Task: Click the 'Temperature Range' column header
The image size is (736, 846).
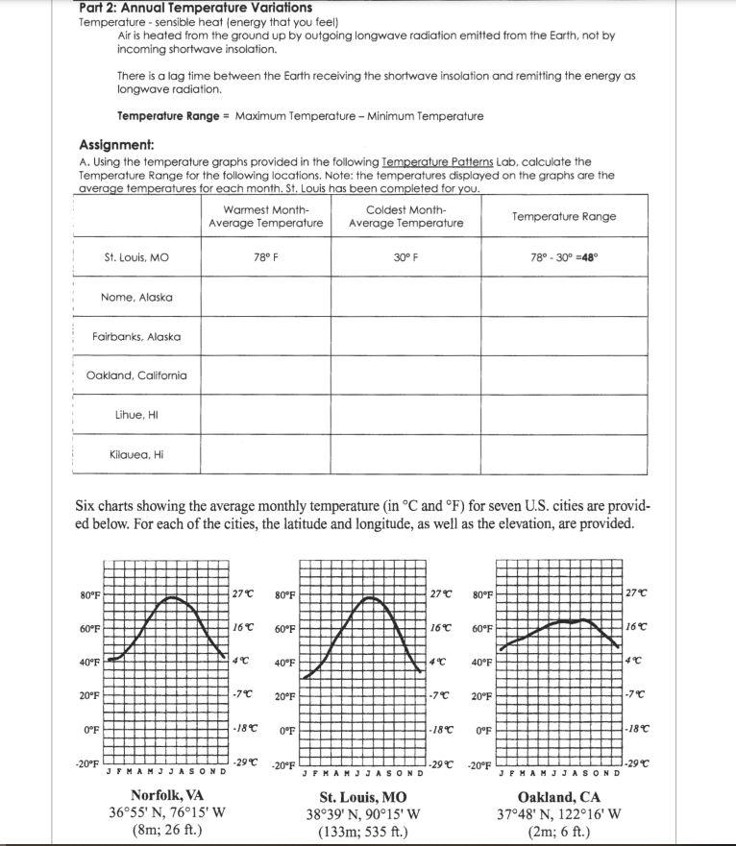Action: [x=564, y=216]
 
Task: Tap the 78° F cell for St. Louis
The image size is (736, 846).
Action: [x=265, y=257]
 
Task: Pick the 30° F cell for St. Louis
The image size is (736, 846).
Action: [x=405, y=257]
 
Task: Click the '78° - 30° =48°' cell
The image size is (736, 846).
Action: [x=564, y=257]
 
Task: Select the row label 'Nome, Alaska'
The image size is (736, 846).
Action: [x=136, y=297]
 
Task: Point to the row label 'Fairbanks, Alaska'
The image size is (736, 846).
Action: [x=136, y=336]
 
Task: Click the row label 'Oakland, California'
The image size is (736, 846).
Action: [x=136, y=375]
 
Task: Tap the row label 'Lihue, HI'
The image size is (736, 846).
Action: [x=136, y=415]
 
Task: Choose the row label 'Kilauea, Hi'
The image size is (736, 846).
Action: [x=136, y=454]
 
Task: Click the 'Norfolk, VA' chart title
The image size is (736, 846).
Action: [x=167, y=796]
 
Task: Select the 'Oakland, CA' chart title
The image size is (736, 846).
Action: [x=558, y=797]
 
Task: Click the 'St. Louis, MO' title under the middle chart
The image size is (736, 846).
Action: [x=362, y=797]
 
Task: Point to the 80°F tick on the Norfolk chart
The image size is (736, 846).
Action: [x=89, y=595]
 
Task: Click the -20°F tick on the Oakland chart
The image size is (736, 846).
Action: [x=482, y=766]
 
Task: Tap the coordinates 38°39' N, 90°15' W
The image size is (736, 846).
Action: [x=362, y=814]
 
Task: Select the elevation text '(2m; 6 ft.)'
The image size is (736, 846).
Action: [x=558, y=832]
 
